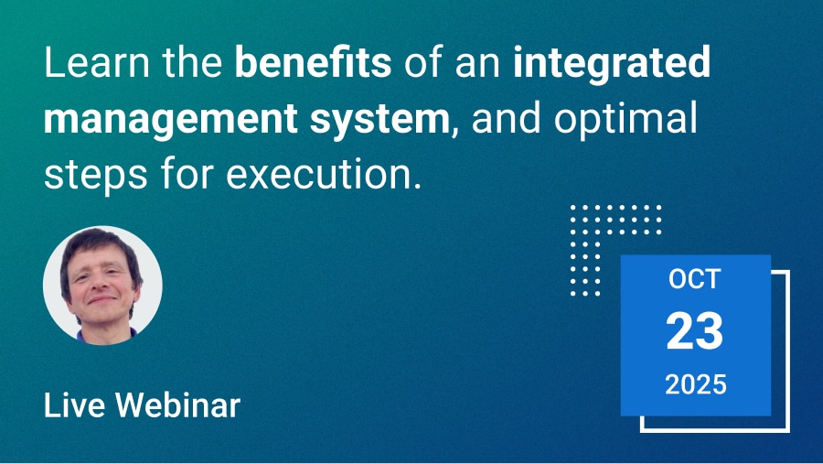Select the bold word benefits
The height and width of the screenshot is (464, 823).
[x=313, y=62]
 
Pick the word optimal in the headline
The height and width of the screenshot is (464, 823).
[x=625, y=120]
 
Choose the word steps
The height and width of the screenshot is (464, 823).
[x=95, y=176]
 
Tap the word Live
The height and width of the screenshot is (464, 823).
[x=74, y=405]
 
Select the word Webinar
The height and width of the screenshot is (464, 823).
[x=178, y=405]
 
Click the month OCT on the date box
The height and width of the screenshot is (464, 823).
[x=695, y=279]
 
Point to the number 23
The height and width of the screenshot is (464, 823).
[x=695, y=331]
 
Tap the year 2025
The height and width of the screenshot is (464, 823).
[x=696, y=384]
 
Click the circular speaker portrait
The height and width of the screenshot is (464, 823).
[x=102, y=286]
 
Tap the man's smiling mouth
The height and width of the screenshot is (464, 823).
[x=102, y=300]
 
